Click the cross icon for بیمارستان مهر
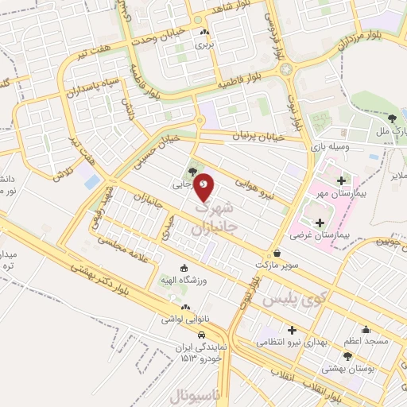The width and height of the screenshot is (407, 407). [342, 180]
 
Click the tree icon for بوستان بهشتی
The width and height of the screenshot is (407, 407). [347, 355]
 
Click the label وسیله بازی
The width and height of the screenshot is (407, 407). [327, 149]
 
